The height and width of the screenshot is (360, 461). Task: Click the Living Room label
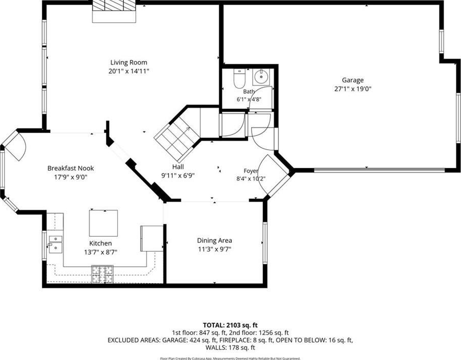click(x=128, y=62)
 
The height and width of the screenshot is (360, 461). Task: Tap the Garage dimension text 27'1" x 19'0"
click(x=353, y=89)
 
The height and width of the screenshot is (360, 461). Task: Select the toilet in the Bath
click(x=239, y=79)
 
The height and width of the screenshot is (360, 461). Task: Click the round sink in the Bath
click(x=261, y=77)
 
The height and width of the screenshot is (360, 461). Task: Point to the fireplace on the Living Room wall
click(x=114, y=12)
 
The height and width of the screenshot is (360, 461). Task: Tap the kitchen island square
click(x=103, y=223)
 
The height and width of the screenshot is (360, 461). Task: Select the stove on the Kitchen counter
click(x=102, y=274)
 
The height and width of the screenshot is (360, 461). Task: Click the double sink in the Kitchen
click(x=56, y=244)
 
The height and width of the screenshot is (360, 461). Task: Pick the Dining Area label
click(x=214, y=240)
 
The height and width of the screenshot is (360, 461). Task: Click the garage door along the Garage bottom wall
click(x=379, y=170)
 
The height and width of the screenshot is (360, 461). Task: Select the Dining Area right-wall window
click(x=264, y=243)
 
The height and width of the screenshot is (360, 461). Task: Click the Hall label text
click(x=178, y=167)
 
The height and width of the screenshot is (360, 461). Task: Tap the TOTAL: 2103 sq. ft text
click(x=230, y=325)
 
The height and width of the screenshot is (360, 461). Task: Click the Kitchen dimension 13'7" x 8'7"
click(x=100, y=252)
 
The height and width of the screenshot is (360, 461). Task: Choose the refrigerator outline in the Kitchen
click(x=152, y=238)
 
